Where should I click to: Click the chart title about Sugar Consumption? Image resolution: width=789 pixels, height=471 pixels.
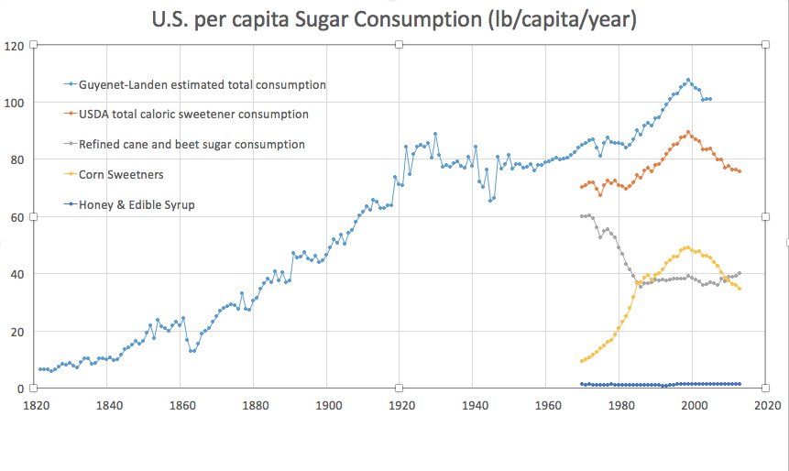click(397, 18)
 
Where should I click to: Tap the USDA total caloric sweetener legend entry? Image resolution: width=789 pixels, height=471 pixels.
click(193, 115)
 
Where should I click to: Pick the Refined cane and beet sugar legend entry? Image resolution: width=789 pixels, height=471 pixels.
click(192, 144)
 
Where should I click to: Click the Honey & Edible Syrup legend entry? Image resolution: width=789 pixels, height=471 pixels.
click(137, 204)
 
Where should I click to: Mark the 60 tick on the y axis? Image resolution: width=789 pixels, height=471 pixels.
click(14, 216)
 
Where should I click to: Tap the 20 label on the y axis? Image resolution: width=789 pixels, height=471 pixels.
click(14, 331)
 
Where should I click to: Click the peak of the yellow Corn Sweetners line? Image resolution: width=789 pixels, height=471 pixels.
click(687, 247)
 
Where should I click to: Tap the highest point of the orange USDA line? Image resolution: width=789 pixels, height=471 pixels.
click(688, 132)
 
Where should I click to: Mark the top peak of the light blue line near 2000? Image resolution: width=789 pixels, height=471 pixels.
click(688, 80)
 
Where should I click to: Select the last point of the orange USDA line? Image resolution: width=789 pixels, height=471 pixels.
click(740, 171)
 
